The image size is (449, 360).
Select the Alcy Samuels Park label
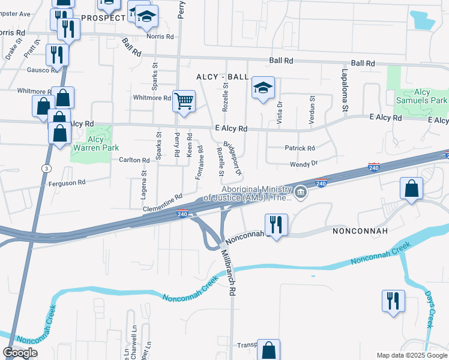[x=422, y=96]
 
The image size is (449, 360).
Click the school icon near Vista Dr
[x=263, y=88]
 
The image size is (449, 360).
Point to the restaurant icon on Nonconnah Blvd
[x=276, y=225]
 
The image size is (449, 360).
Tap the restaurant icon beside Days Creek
[x=393, y=301]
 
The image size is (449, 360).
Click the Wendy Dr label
[x=303, y=163]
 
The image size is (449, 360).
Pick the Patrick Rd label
[x=300, y=148]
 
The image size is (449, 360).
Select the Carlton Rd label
[x=134, y=160]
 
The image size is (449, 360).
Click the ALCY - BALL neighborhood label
[x=221, y=77]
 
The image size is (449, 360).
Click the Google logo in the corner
[x=20, y=352]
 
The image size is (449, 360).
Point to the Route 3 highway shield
[x=46, y=169]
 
